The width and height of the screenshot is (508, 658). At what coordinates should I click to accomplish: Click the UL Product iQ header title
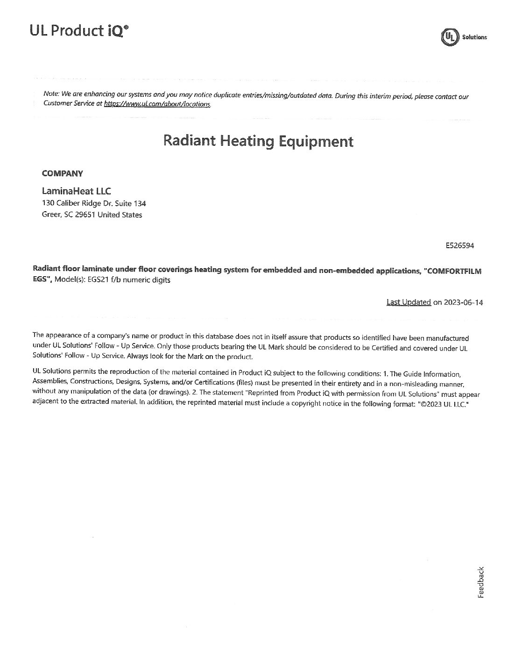click(x=78, y=31)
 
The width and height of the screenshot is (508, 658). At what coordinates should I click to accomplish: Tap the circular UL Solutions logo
click(x=450, y=37)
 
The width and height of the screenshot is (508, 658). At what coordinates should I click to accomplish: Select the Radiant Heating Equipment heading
click(x=258, y=141)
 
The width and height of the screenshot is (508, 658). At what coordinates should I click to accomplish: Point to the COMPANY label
click(x=62, y=174)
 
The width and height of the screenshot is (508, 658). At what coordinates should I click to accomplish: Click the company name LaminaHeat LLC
click(x=76, y=191)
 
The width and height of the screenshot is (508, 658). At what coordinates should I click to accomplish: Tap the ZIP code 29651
click(x=85, y=215)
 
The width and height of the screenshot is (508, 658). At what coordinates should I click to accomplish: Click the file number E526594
click(x=460, y=245)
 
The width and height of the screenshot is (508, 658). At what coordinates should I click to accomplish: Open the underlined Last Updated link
click(x=409, y=302)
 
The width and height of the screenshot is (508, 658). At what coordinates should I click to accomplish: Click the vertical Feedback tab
click(x=481, y=582)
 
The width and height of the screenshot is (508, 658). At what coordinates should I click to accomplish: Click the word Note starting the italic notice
click(x=51, y=94)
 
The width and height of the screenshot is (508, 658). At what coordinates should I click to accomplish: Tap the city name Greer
click(x=51, y=215)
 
